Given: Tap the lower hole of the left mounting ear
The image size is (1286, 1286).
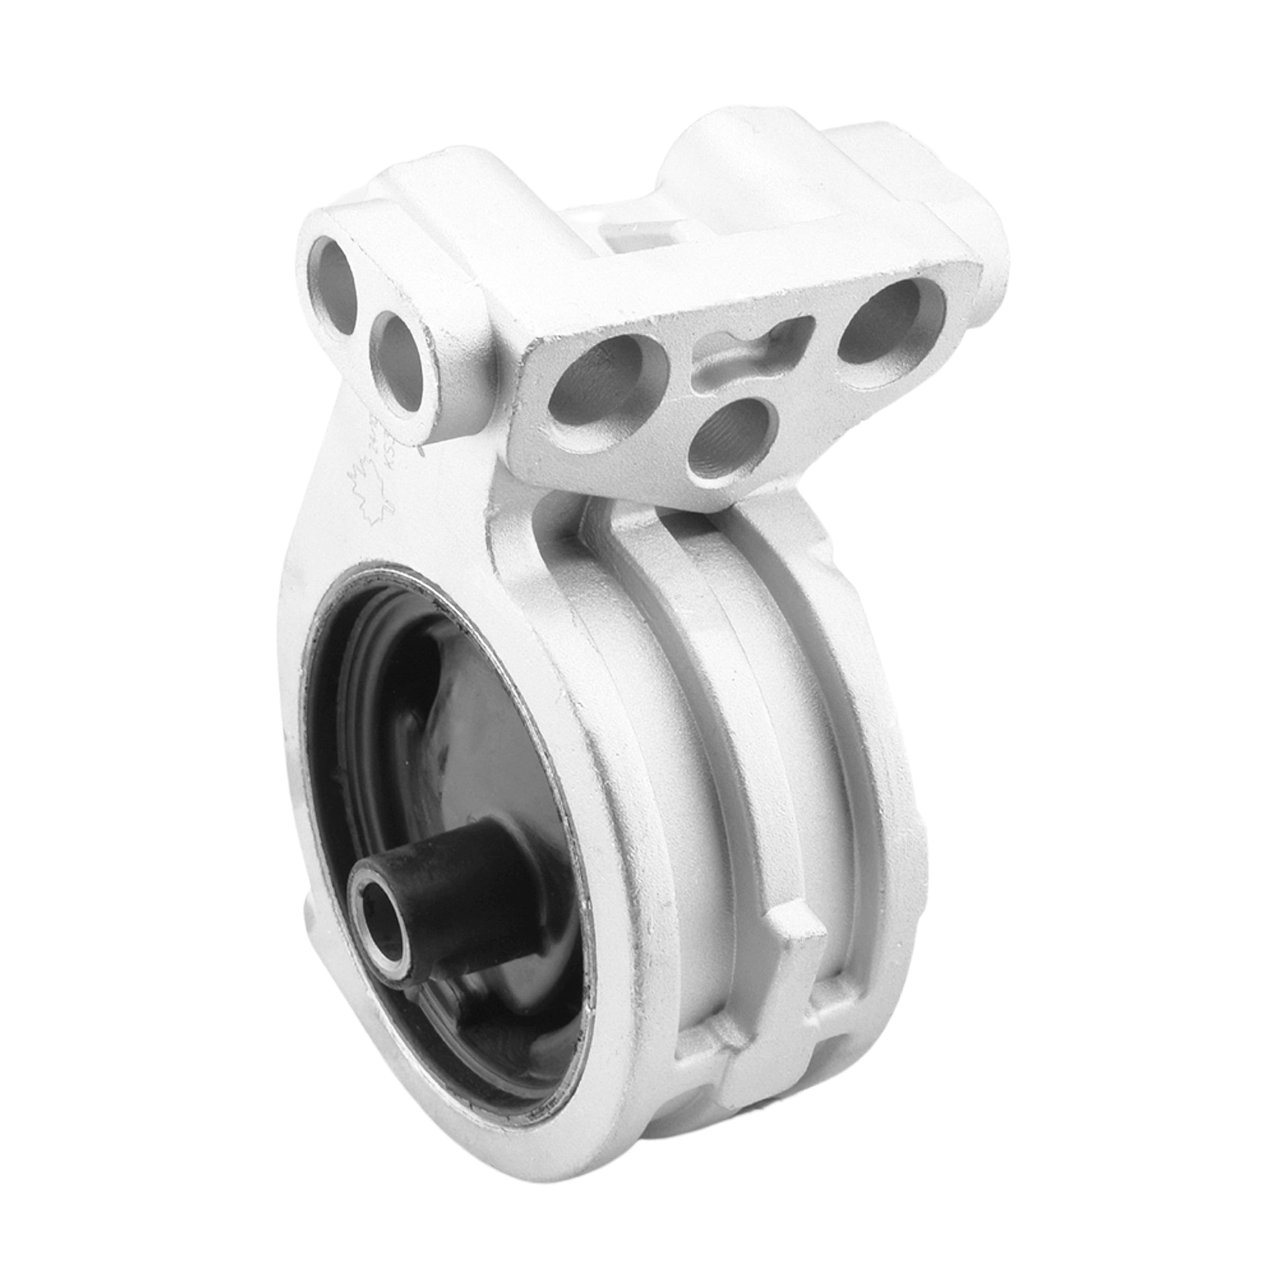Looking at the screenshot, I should tap(398, 360).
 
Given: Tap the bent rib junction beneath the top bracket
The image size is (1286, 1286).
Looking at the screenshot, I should tap(599, 526).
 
